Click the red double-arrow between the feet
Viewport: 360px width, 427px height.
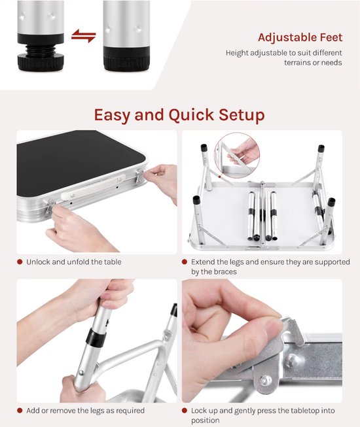[x=83, y=36]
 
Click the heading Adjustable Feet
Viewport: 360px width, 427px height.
[x=300, y=37]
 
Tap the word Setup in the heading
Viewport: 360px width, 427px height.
[x=242, y=114]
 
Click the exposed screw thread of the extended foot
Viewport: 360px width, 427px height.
[x=41, y=49]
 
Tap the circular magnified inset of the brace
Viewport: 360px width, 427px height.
[x=236, y=155]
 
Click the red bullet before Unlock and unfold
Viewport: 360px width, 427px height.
[x=20, y=262]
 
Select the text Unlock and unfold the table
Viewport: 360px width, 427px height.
[x=74, y=262]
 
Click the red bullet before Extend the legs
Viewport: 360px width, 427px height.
[x=185, y=262]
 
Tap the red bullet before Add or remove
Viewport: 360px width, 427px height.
[x=20, y=411]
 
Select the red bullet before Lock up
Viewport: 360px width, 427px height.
[x=185, y=411]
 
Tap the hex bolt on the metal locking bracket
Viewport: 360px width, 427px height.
[x=265, y=380]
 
